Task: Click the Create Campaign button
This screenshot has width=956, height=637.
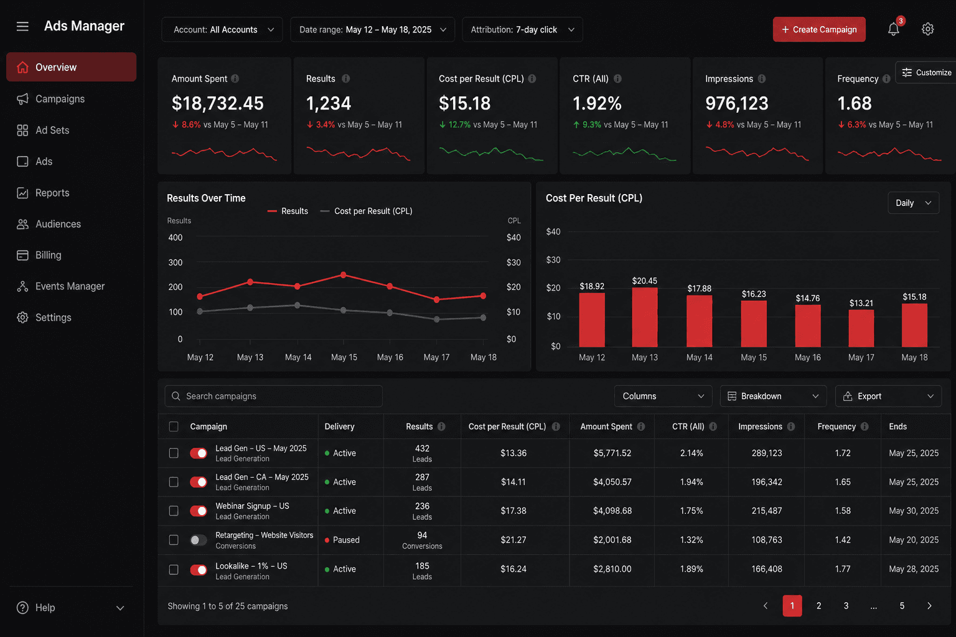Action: pyautogui.click(x=819, y=29)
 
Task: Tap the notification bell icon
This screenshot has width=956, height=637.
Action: pyautogui.click(x=893, y=29)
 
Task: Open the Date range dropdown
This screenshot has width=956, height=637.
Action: pyautogui.click(x=372, y=29)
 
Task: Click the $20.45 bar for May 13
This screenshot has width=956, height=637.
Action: pyautogui.click(x=644, y=317)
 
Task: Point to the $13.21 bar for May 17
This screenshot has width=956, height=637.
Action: pyautogui.click(x=861, y=328)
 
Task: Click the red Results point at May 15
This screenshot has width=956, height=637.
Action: pyautogui.click(x=344, y=275)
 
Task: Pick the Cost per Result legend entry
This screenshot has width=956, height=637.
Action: pyautogui.click(x=367, y=212)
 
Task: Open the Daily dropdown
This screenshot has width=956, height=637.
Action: pyautogui.click(x=913, y=203)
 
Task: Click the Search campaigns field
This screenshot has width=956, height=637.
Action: pyautogui.click(x=274, y=396)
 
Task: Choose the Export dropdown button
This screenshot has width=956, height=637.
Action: pyautogui.click(x=888, y=396)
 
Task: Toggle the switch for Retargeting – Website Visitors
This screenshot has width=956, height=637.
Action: pyautogui.click(x=199, y=540)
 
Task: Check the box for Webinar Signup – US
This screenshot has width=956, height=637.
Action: pyautogui.click(x=174, y=511)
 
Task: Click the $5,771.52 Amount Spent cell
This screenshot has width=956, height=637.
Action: pyautogui.click(x=612, y=453)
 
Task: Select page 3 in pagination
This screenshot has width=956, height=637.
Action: pyautogui.click(x=846, y=606)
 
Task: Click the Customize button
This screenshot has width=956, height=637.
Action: pyautogui.click(x=926, y=73)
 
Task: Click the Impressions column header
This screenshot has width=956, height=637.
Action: pyautogui.click(x=760, y=427)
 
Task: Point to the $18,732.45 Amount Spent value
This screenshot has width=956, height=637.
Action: pyautogui.click(x=218, y=103)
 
